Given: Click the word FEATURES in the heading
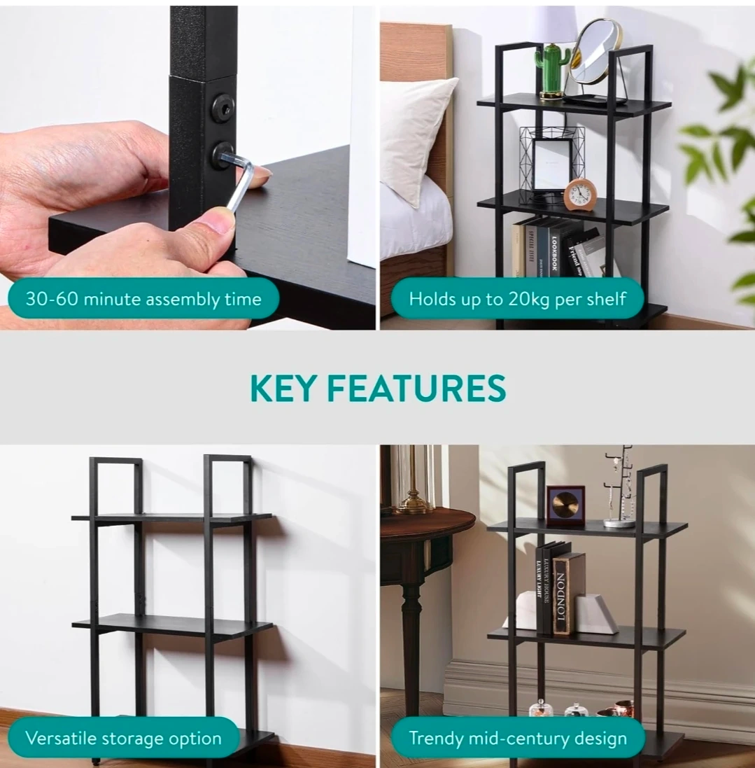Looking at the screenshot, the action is (416, 388).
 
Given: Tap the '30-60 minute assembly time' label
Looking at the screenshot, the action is (143, 299).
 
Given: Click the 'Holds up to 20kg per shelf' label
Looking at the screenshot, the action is (518, 299).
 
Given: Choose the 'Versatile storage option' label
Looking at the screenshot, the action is (123, 738).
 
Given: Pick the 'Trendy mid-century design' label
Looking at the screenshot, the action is (518, 738).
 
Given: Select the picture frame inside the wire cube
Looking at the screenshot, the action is (552, 164).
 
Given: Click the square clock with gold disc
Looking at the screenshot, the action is (565, 505).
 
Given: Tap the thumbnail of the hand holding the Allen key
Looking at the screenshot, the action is (188, 167).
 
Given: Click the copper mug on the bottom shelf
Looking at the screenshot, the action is (622, 708).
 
